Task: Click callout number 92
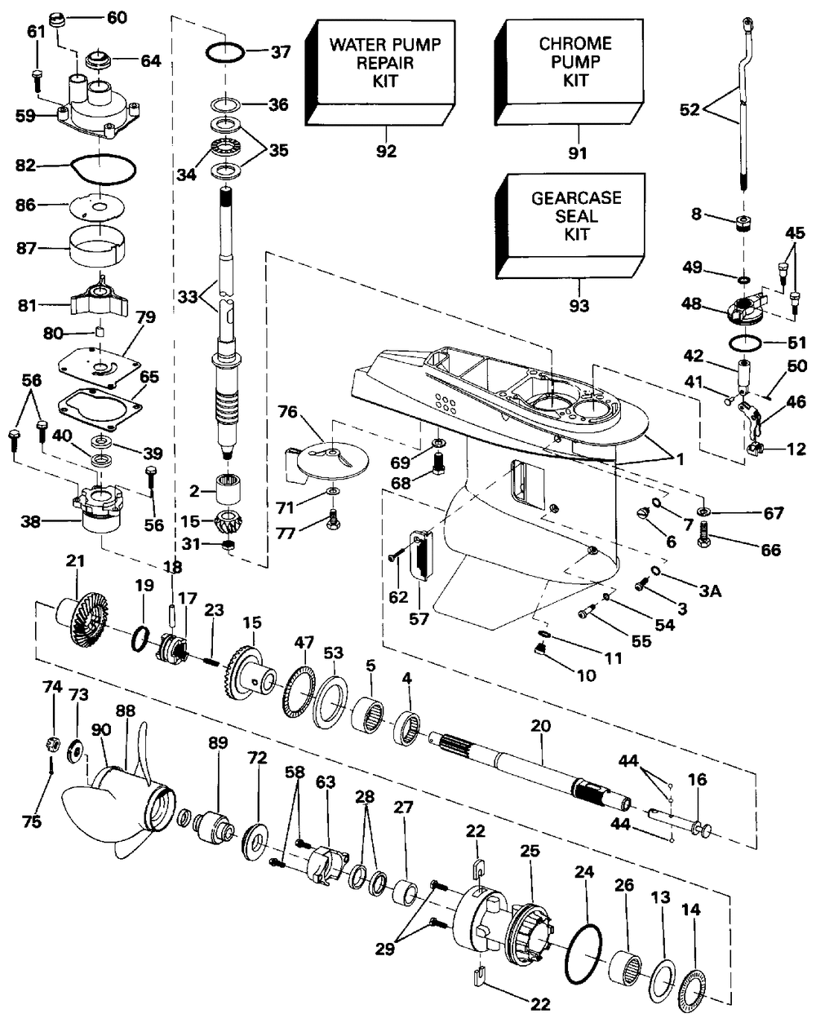point(386,151)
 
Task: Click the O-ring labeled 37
point(223,53)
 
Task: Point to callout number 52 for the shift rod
point(689,109)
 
